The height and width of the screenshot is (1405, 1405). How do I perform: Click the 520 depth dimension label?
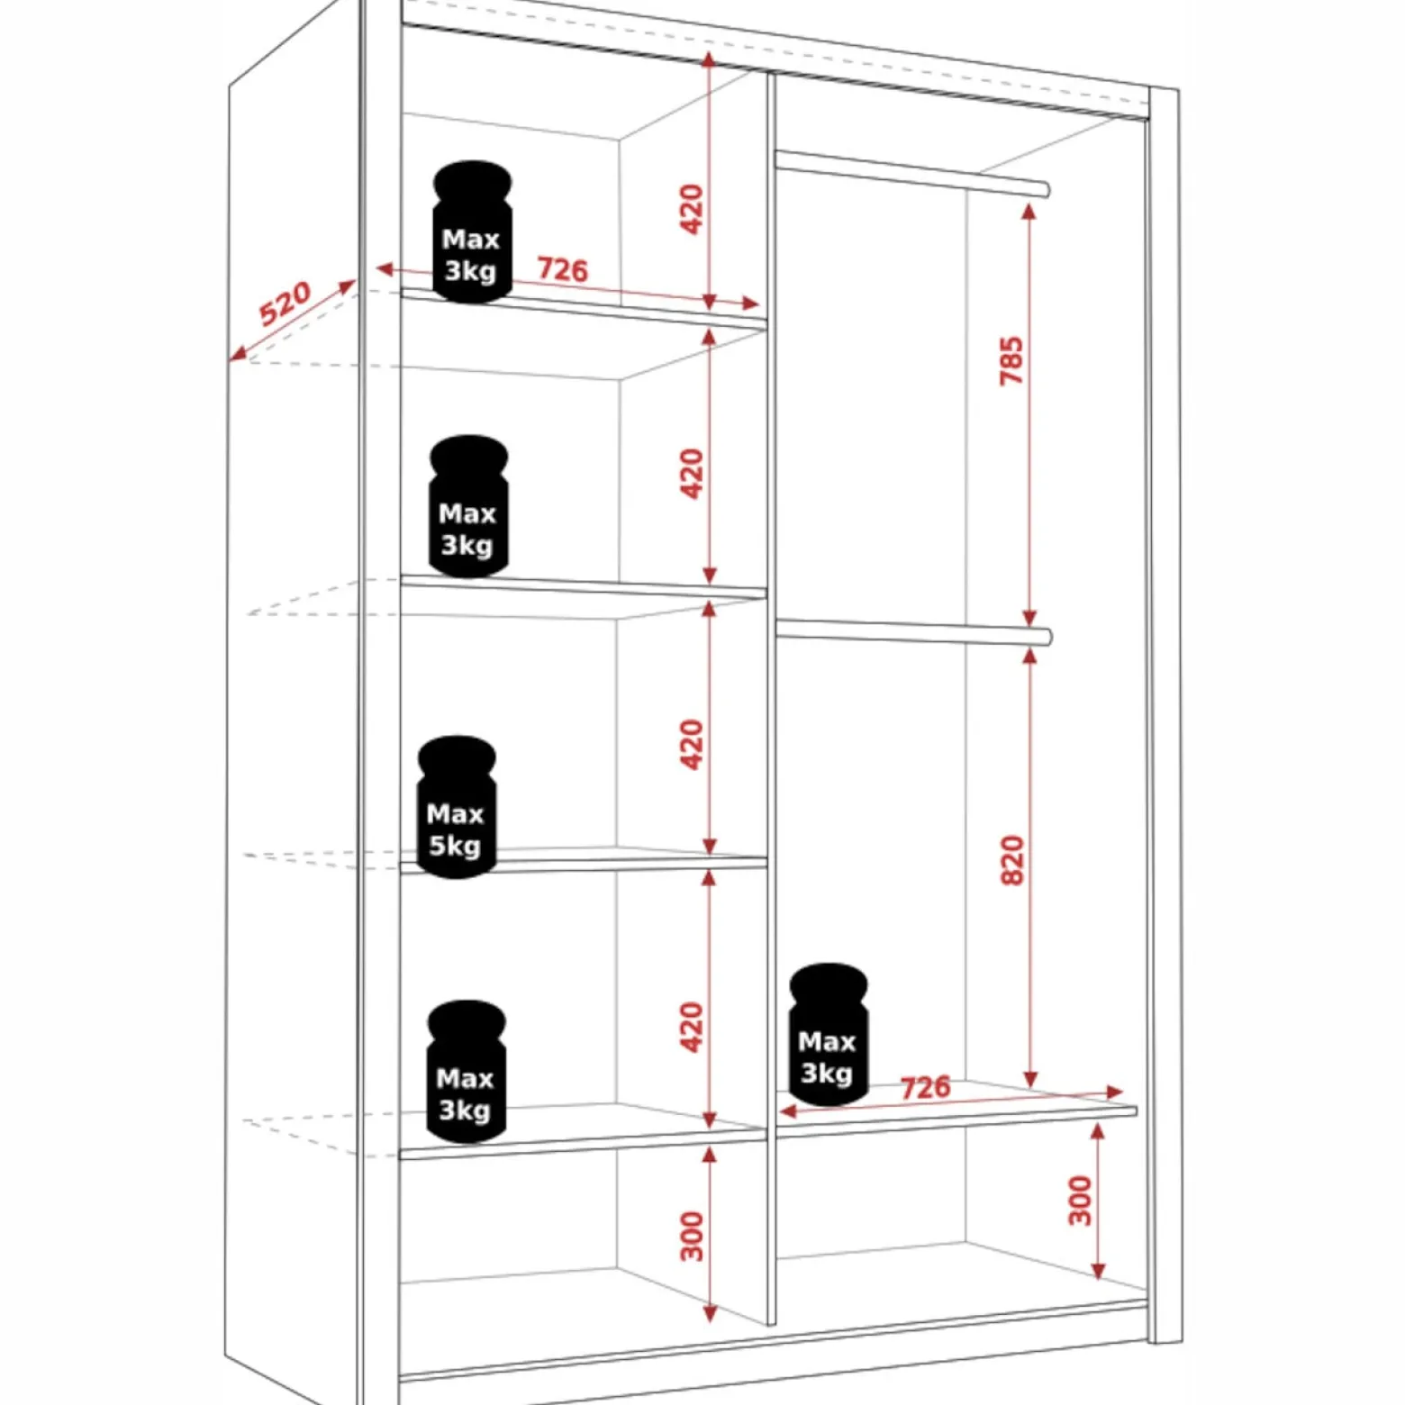click(x=285, y=304)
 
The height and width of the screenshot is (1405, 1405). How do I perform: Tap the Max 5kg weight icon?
click(x=457, y=807)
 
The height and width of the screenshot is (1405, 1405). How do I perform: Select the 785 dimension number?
click(x=1012, y=361)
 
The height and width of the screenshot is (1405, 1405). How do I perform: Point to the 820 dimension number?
click(x=1012, y=861)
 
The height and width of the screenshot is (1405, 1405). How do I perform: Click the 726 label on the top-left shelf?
click(x=563, y=269)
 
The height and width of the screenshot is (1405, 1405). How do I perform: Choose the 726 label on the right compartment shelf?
click(x=926, y=1087)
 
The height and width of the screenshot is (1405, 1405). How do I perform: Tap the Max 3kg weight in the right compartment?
click(x=829, y=1034)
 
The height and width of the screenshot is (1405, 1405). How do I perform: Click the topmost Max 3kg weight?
click(x=472, y=231)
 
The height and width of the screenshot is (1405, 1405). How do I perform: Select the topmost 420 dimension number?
click(x=692, y=209)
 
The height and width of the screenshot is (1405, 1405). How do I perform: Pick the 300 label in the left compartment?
click(x=692, y=1236)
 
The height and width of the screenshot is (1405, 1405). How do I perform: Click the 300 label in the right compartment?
click(x=1081, y=1201)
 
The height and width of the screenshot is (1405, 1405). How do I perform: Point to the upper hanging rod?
click(x=911, y=174)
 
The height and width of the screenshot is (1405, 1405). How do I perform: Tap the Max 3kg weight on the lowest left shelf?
click(x=466, y=1071)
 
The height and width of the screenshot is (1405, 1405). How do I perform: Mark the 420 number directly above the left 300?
click(x=692, y=1027)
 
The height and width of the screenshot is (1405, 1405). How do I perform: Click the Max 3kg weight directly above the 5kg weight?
click(x=468, y=506)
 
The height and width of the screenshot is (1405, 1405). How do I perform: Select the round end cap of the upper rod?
click(x=1045, y=190)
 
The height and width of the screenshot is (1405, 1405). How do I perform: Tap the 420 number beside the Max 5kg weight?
click(x=692, y=744)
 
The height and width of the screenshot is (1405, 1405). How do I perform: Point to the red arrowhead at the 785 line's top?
click(x=1029, y=212)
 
